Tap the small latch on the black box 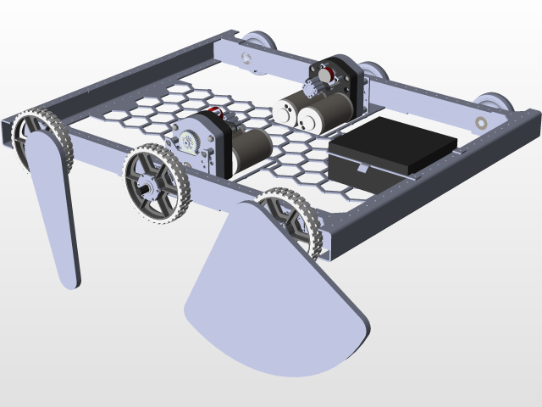(x=362, y=169)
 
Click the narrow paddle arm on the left (x=53, y=212)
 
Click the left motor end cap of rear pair (x=287, y=111)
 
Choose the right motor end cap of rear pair (x=310, y=120)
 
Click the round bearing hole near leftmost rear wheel (x=246, y=58)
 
